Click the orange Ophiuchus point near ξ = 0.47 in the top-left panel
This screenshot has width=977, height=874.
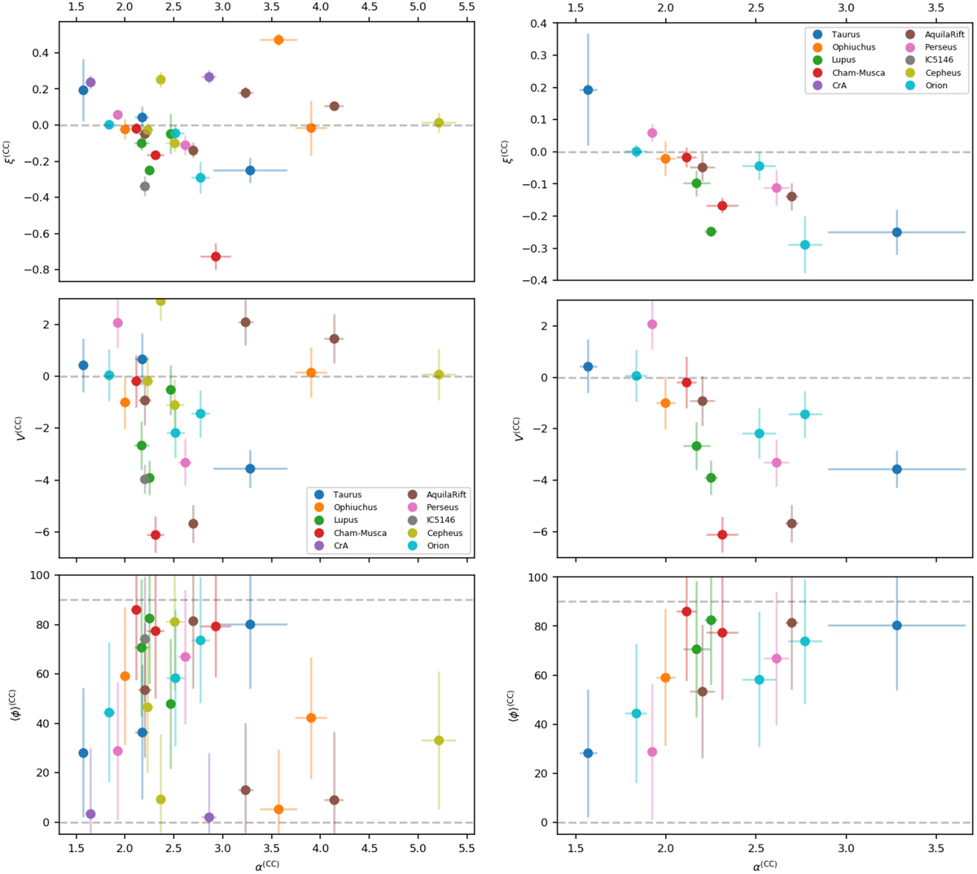pyautogui.click(x=278, y=40)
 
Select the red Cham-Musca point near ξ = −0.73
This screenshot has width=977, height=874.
pyautogui.click(x=216, y=257)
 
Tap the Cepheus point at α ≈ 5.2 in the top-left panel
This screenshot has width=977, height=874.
pyautogui.click(x=439, y=123)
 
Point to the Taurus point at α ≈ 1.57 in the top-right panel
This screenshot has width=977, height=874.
pyautogui.click(x=588, y=90)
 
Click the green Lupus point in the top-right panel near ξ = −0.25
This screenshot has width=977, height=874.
pyautogui.click(x=711, y=232)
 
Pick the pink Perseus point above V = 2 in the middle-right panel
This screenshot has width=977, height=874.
pyautogui.click(x=652, y=324)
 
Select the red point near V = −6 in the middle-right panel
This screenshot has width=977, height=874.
pyautogui.click(x=722, y=534)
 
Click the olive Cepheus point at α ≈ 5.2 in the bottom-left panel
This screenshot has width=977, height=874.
pyautogui.click(x=439, y=740)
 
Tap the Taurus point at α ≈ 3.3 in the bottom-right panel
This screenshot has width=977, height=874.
pyautogui.click(x=896, y=626)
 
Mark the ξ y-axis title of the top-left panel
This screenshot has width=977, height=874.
pyautogui.click(x=14, y=150)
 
